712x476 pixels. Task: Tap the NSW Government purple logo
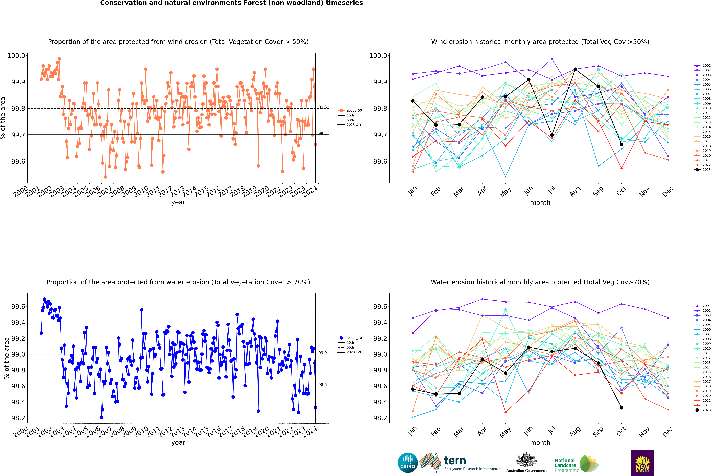(x=642, y=463)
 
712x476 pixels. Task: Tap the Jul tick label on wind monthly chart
(x=551, y=190)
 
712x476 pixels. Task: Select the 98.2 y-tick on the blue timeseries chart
(x=18, y=418)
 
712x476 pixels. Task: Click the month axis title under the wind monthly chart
(x=540, y=203)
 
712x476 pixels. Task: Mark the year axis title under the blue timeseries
(x=178, y=443)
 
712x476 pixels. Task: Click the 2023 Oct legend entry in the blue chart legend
(x=354, y=352)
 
